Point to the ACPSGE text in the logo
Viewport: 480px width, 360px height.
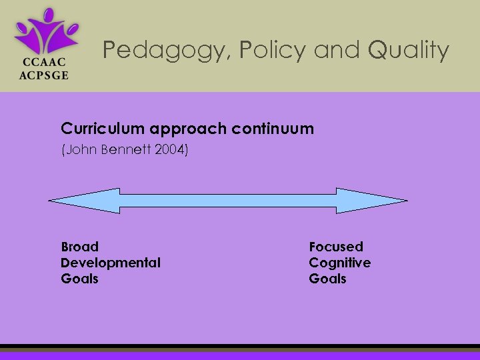tap(45, 75)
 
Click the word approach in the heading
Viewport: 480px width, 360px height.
tap(179, 129)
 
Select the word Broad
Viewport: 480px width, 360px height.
tap(79, 247)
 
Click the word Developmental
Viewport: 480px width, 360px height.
tap(111, 263)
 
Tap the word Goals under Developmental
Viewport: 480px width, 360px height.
tap(79, 279)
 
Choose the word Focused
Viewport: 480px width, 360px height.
tap(336, 247)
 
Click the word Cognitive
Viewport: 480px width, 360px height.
tap(339, 263)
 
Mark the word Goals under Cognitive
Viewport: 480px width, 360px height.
tap(327, 279)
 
